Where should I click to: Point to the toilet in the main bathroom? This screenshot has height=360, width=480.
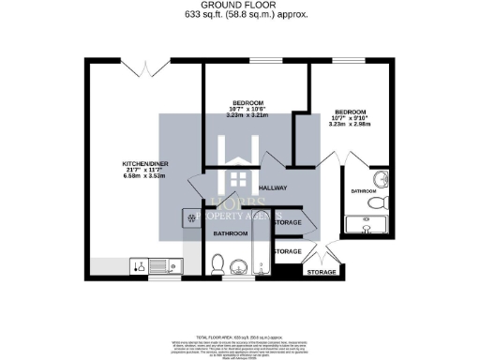(x=217, y=264)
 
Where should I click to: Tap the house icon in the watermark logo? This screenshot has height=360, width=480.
(x=240, y=178)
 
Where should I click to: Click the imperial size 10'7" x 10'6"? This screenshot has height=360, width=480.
(x=248, y=109)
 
